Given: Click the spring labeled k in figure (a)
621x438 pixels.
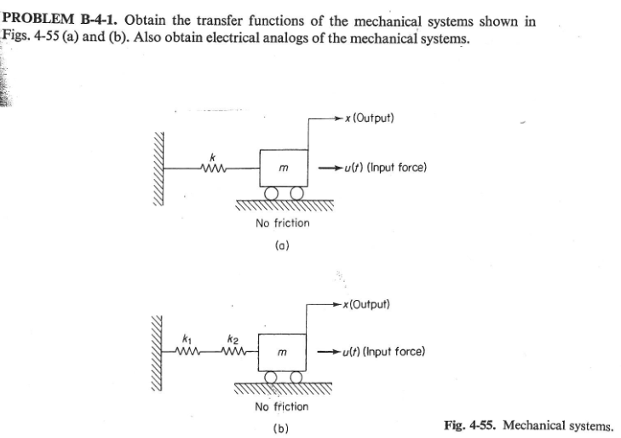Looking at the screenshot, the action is (x=214, y=169).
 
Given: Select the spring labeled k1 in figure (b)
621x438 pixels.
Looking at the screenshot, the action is (x=187, y=351).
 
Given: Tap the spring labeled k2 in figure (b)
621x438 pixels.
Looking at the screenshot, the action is (x=233, y=351).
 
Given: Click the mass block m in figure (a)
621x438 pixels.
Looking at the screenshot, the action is (x=284, y=168).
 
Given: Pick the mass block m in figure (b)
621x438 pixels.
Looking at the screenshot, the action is (x=282, y=353).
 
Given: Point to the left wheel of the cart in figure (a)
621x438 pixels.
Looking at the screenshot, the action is (x=272, y=193).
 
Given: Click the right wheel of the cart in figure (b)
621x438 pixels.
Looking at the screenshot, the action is (x=296, y=377).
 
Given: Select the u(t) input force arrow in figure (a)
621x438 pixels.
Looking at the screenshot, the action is (x=330, y=168).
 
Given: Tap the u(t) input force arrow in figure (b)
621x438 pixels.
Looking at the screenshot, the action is (x=329, y=352).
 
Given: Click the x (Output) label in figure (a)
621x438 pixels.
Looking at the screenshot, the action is (x=370, y=118).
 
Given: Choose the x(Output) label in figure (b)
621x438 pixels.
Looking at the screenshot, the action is (x=367, y=304).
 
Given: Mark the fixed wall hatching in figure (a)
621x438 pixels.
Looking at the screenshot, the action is (x=158, y=169).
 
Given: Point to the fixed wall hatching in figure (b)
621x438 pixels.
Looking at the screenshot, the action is (x=157, y=354).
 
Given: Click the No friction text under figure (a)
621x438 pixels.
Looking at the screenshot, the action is (x=282, y=223).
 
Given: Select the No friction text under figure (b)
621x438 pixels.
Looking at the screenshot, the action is (x=282, y=406).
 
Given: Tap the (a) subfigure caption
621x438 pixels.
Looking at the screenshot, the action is (x=282, y=245).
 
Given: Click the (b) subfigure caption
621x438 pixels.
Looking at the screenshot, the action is (x=281, y=429).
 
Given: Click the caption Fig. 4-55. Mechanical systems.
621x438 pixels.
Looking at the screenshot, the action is (x=529, y=426).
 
